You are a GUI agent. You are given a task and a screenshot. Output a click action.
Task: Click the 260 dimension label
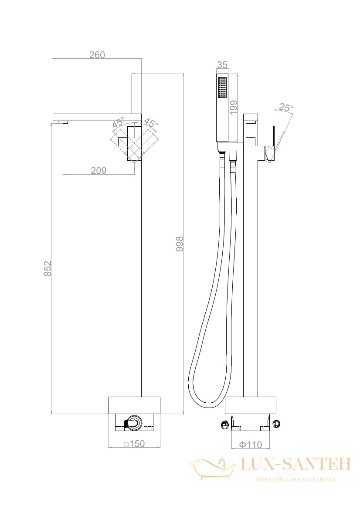97,55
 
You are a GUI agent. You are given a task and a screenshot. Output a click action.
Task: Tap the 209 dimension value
98,170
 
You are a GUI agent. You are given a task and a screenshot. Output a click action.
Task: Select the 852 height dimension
48,269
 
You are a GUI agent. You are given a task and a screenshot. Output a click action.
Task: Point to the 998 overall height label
180,244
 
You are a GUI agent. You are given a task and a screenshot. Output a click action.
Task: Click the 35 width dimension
222,65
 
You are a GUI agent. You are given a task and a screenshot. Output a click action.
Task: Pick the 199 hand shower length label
233,108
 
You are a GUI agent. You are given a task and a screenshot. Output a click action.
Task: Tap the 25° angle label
286,107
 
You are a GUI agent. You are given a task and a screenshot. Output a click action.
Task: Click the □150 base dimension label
134,443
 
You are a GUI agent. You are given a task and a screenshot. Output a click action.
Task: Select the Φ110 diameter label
251,445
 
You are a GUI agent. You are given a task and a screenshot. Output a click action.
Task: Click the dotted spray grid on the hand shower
222,87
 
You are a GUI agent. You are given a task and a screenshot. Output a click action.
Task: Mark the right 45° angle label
151,123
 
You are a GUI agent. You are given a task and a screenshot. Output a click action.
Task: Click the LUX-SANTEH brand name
295,464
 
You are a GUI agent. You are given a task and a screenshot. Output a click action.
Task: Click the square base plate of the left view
134,405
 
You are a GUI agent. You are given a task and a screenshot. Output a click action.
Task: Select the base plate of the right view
251,405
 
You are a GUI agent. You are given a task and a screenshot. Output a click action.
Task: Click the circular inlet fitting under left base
134,423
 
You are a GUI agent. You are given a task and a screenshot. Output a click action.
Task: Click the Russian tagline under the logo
295,479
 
